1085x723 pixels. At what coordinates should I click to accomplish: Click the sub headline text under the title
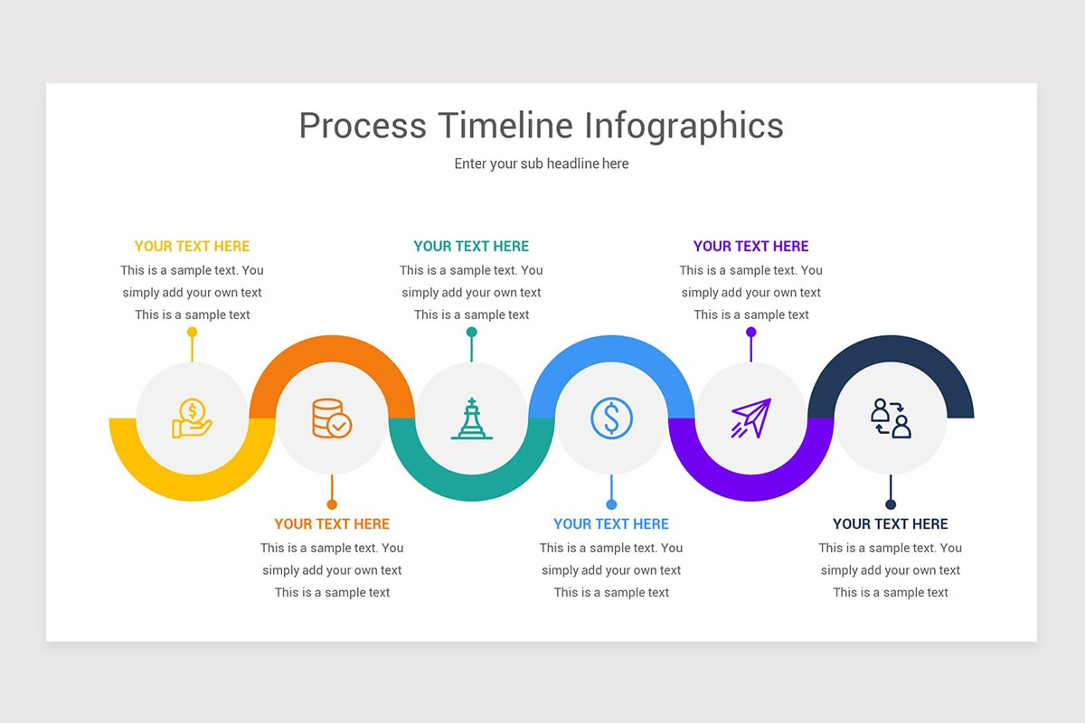[x=541, y=164]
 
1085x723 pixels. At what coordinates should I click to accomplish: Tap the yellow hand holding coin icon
[x=192, y=418]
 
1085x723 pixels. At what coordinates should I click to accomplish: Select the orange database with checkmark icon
[x=332, y=418]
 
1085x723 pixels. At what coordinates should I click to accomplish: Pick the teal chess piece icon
[x=471, y=418]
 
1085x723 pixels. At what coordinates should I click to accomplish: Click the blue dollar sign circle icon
[x=611, y=418]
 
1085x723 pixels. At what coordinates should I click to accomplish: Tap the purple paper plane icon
[x=750, y=418]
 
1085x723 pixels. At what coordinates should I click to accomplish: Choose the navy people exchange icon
[x=891, y=418]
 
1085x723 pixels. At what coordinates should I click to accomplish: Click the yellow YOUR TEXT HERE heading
[x=192, y=246]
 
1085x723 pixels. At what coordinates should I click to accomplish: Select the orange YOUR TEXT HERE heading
[x=332, y=524]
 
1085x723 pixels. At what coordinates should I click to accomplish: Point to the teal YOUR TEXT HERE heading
[x=471, y=246]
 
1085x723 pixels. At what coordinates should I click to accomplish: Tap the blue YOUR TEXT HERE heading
[x=611, y=524]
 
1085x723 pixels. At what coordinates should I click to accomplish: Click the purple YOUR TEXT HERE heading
[x=750, y=246]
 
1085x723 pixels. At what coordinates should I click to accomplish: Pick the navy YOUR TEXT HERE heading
[x=891, y=524]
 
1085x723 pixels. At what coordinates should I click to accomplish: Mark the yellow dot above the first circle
[x=192, y=332]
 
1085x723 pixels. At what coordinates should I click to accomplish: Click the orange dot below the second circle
[x=332, y=504]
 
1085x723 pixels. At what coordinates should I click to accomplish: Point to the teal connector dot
[x=471, y=332]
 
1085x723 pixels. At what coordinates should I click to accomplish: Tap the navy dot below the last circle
[x=891, y=504]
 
